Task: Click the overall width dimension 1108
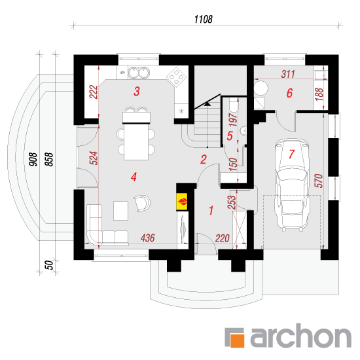tap(204, 19)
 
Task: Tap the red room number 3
tap(137, 92)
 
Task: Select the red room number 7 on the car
tap(291, 154)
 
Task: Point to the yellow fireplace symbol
tap(182, 202)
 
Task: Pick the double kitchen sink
tap(139, 72)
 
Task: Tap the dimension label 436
tap(148, 238)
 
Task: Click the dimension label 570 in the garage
tap(319, 181)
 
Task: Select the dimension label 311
tap(288, 74)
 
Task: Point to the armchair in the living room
tap(143, 203)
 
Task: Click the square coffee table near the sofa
tap(121, 211)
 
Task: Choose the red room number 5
tap(230, 135)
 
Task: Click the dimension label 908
tap(33, 159)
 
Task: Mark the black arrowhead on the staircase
tap(207, 104)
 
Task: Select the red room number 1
tap(211, 210)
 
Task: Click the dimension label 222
tap(94, 92)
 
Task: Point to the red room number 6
tap(289, 93)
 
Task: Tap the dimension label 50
tap(49, 265)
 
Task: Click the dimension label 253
tap(232, 202)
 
